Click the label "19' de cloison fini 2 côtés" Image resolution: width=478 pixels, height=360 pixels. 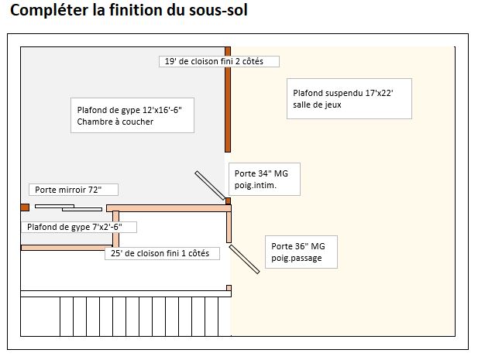tap(220, 61)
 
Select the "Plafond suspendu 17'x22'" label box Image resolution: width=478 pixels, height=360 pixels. tap(347, 98)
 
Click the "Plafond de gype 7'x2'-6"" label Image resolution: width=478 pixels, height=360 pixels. tap(78, 227)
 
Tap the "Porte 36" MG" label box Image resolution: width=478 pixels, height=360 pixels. tap(302, 252)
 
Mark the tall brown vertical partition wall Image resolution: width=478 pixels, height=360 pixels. tap(228, 101)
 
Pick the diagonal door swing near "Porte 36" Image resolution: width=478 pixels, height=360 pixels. tap(243, 259)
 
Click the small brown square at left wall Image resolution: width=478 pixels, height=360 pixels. tap(25, 207)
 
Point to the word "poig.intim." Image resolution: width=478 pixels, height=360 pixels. tap(256, 186)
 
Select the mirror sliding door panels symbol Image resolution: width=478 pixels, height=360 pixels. tap(65, 207)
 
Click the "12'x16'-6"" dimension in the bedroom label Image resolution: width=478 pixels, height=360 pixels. tap(153, 110)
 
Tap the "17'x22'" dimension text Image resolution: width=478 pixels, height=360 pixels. tap(376, 93)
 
